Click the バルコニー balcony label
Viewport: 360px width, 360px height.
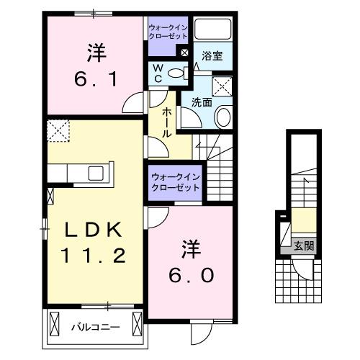coord(94,325)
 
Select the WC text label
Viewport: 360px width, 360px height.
coord(158,72)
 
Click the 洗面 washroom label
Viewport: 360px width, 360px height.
coord(201,103)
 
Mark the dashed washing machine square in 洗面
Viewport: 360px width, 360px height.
coord(224,85)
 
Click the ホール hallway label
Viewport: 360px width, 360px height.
coord(166,120)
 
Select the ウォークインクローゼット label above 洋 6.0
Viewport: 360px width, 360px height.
coord(176,181)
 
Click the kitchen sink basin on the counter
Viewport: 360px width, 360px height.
coord(96,174)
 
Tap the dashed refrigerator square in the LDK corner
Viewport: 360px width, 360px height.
coord(57,132)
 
